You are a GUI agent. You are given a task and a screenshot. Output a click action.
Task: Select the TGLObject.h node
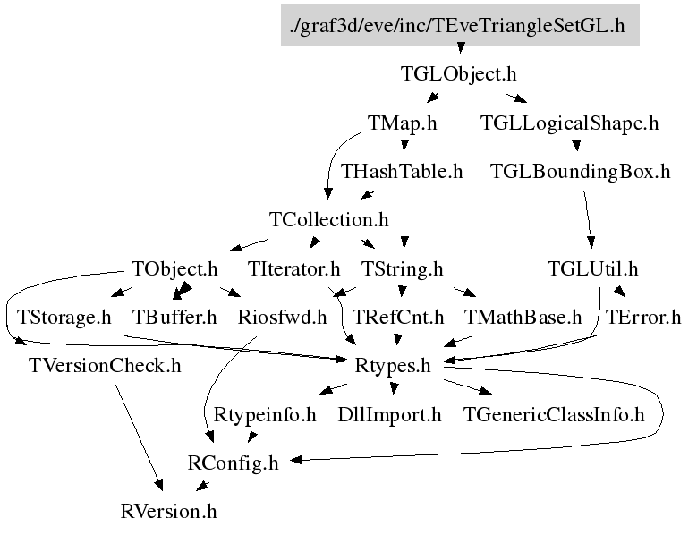pos(459,74)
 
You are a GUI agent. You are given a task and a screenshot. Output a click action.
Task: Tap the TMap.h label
pos(402,123)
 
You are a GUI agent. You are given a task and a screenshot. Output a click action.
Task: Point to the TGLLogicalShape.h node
pos(570,123)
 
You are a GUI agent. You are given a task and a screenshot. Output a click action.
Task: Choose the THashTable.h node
pos(403,172)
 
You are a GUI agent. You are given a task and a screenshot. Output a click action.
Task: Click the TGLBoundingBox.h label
pos(581,172)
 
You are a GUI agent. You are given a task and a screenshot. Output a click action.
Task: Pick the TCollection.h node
pos(329,220)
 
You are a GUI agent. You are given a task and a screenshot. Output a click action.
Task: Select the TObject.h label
pos(174,268)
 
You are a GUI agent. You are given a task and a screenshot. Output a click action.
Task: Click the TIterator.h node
pos(294,268)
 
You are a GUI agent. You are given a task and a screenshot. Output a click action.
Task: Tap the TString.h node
pos(403,268)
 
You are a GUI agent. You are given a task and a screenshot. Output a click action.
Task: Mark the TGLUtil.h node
pos(593,268)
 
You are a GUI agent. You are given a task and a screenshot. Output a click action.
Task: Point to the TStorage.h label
pos(64,317)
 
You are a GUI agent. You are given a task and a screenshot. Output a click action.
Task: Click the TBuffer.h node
pos(175,317)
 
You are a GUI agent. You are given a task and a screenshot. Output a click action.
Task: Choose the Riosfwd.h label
pos(283,317)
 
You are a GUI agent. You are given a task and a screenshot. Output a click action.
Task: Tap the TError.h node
pos(643,317)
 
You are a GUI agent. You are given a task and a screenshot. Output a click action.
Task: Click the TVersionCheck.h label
pos(105,366)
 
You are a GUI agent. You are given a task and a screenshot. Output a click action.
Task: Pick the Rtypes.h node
pos(394,366)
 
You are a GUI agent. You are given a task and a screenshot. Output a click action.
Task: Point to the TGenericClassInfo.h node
pos(554,414)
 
